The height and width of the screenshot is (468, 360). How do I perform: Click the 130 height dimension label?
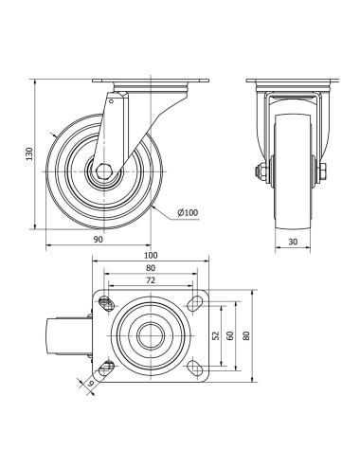point(29,153)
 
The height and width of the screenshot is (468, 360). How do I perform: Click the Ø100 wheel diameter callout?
point(188,212)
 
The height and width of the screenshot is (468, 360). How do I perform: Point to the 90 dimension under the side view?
point(99,240)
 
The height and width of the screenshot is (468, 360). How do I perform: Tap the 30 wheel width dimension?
point(293,242)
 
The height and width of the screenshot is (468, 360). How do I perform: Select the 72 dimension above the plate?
point(151,279)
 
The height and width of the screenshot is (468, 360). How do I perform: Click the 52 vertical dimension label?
point(216,335)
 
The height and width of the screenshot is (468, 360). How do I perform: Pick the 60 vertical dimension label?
point(230,335)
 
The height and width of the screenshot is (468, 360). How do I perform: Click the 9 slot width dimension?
point(91,383)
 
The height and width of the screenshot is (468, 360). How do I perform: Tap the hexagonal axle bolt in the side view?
point(103,171)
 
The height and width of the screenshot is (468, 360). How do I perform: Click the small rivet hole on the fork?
point(111,101)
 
